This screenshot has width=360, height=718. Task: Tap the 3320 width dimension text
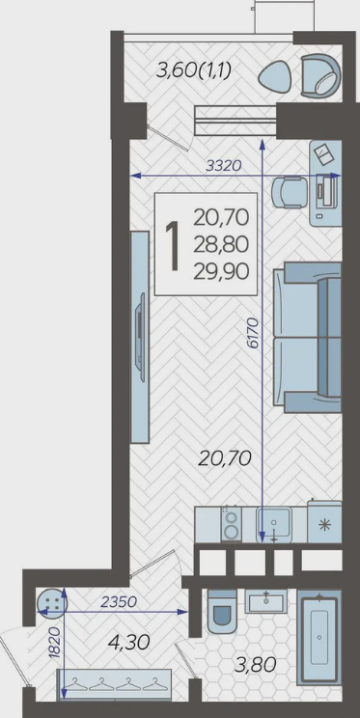coord(223,166)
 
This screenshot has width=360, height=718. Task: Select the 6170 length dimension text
coord(254,333)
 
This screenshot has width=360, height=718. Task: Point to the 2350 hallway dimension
coord(119,601)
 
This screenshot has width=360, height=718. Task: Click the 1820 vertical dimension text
coord(54,644)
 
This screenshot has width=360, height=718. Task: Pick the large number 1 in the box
coord(173,245)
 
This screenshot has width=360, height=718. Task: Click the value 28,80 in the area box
coord(221,245)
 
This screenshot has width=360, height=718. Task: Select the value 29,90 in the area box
coord(221,272)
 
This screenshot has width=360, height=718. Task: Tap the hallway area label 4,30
coord(128,643)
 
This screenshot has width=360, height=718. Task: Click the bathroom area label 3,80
coord(256,665)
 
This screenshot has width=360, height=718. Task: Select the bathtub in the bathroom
coord(319,637)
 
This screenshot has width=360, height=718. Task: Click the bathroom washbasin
coord(265,601)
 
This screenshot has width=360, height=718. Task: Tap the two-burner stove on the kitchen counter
coord(232,524)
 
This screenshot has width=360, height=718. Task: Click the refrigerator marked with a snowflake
coord(324,522)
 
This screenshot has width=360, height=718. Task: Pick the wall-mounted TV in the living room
coord(140,337)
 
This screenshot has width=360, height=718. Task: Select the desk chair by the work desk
coord(287,193)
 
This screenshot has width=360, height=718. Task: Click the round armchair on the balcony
coord(321,75)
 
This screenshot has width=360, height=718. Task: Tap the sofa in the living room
coord(308,338)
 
